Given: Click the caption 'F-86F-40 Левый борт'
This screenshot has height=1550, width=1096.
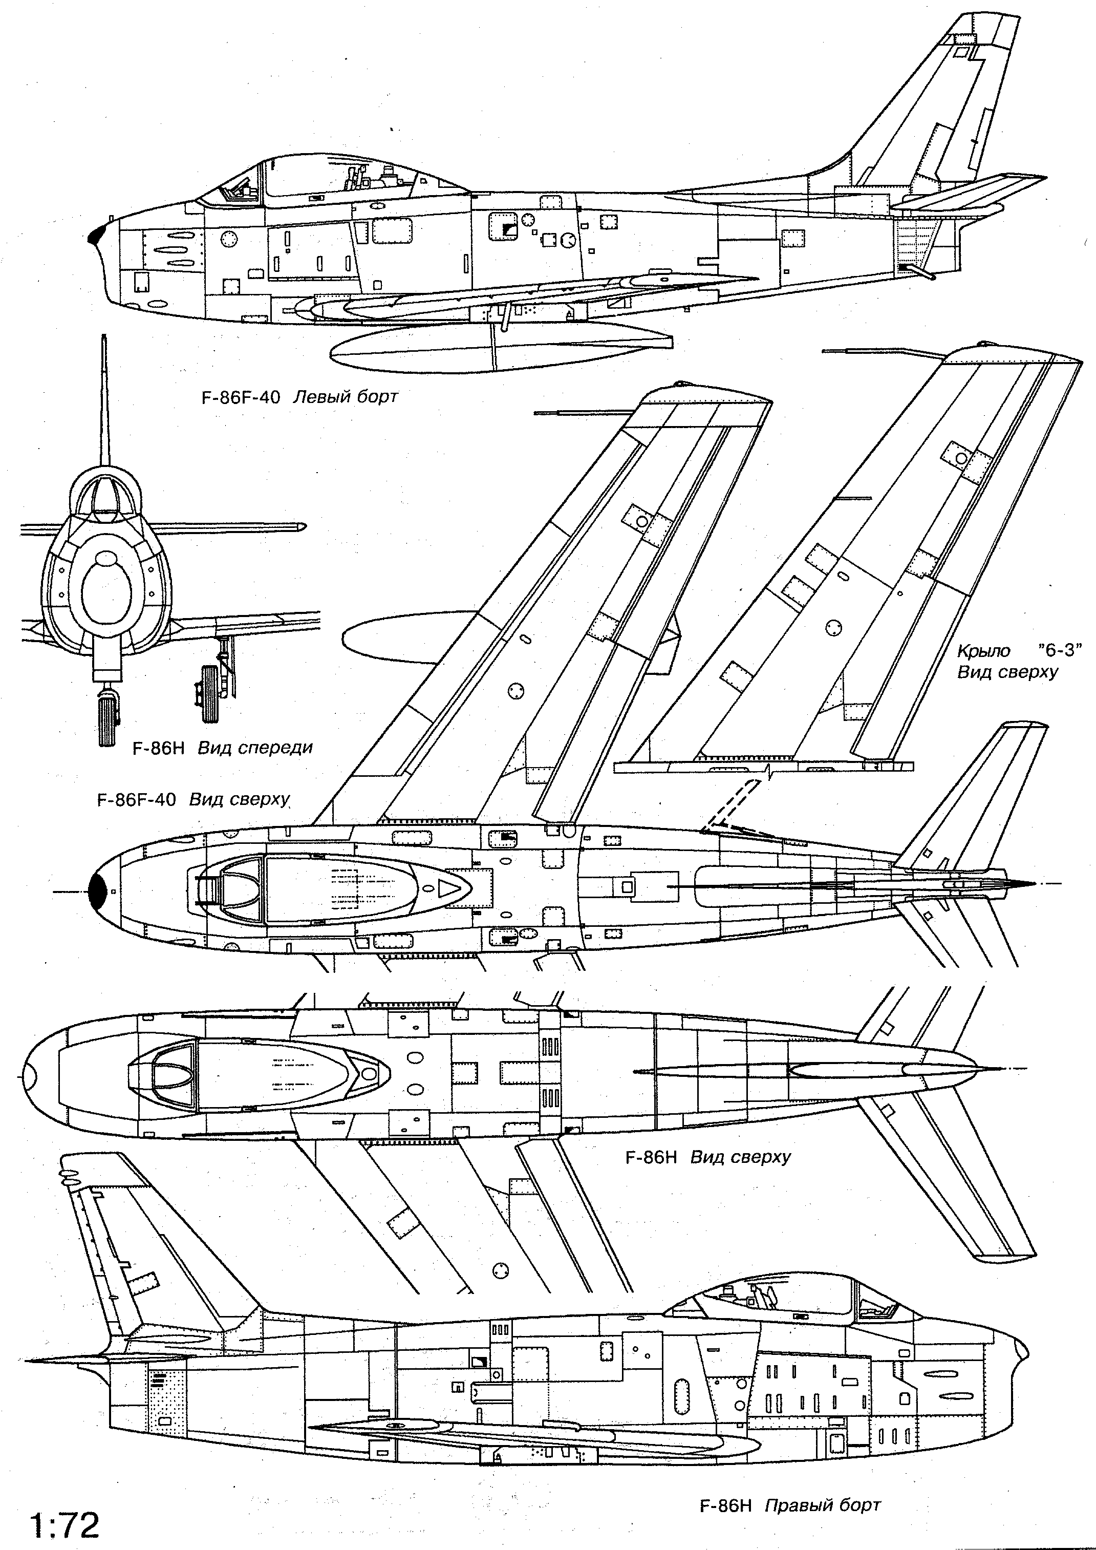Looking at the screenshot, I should tap(299, 396).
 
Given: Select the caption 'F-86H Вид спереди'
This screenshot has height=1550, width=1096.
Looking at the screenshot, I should tap(223, 747).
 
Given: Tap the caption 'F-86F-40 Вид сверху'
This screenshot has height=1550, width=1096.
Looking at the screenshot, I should tap(193, 800).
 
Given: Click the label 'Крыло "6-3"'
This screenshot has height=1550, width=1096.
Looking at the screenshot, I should tap(1019, 651).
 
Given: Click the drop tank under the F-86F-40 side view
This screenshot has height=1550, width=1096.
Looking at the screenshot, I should tap(500, 348).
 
